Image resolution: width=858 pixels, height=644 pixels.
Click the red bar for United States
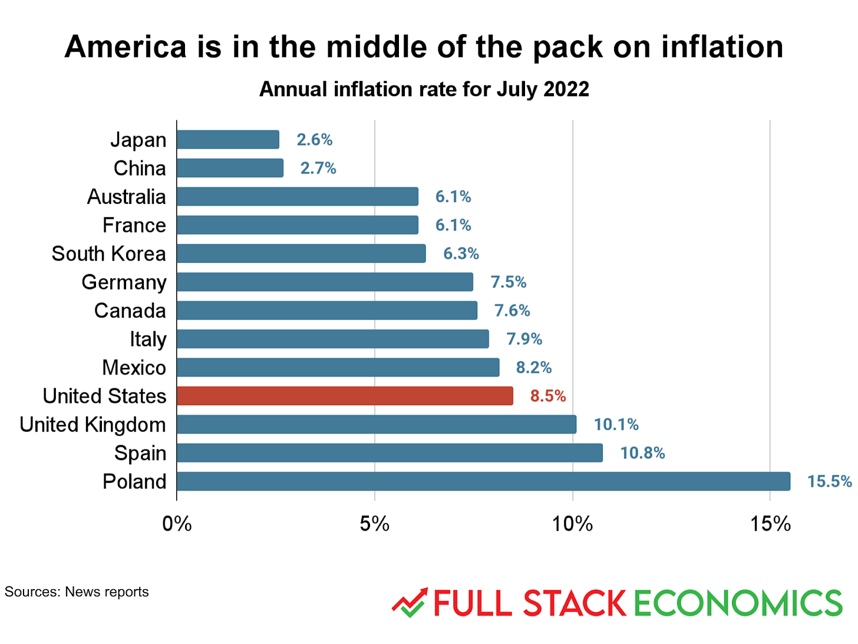[345, 396]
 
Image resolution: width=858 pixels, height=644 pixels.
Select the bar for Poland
[483, 481]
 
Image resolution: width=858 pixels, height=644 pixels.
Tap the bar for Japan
[228, 140]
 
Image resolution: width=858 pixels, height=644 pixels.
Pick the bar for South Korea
[301, 254]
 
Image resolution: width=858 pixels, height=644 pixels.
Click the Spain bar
[390, 453]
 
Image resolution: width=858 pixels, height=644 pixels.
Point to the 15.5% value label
[829, 481]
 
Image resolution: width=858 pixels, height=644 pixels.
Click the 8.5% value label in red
[547, 396]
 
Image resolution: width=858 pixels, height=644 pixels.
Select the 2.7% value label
[318, 168]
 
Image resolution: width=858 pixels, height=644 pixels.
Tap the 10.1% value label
[616, 425]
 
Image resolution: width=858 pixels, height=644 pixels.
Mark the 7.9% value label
[524, 339]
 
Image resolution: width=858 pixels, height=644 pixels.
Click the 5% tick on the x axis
[375, 524]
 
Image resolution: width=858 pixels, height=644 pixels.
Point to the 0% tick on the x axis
[177, 524]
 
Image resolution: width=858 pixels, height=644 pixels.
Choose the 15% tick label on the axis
[770, 524]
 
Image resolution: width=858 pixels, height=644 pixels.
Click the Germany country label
[124, 282]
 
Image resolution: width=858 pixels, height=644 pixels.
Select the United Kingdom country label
[93, 425]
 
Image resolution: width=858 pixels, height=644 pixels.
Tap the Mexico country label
[134, 367]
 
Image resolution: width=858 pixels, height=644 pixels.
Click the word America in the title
[126, 47]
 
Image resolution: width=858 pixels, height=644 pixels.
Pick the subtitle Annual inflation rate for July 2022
[424, 89]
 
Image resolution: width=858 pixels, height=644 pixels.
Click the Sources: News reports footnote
[77, 592]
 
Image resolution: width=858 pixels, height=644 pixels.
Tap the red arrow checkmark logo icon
[410, 602]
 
